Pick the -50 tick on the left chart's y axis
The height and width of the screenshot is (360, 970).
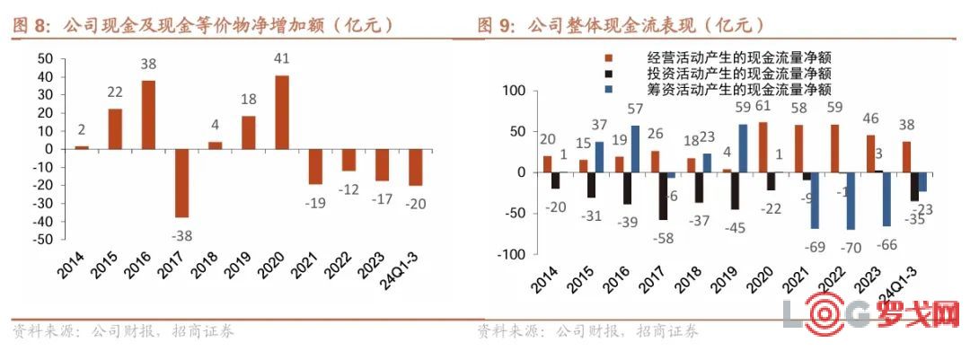click(42, 240)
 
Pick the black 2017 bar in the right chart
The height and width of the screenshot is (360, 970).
click(664, 196)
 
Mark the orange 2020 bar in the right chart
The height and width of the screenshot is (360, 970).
click(763, 147)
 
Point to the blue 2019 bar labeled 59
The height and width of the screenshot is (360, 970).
click(743, 148)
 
